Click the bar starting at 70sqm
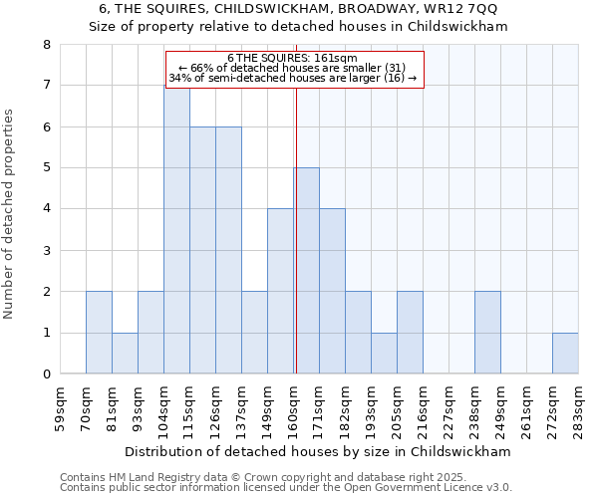pyautogui.click(x=99, y=333)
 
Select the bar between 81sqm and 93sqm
pyautogui.click(x=125, y=354)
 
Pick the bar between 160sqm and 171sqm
pyautogui.click(x=306, y=271)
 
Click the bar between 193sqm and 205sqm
pyautogui.click(x=384, y=354)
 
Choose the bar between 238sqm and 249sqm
pyautogui.click(x=487, y=333)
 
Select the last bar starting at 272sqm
pyautogui.click(x=565, y=354)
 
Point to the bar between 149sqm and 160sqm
pyautogui.click(x=280, y=291)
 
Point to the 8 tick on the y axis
pyautogui.click(x=46, y=45)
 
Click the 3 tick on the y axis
pyautogui.click(x=46, y=250)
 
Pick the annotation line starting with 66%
pyautogui.click(x=295, y=68)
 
